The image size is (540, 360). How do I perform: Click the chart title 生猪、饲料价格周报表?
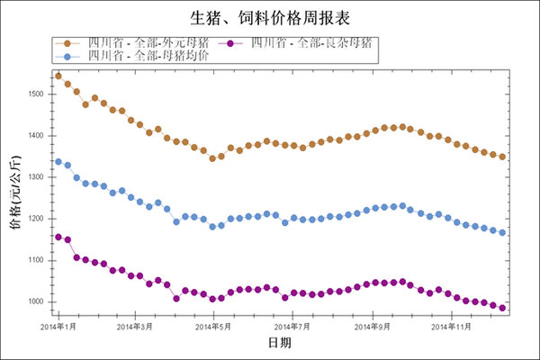pyautogui.click(x=269, y=18)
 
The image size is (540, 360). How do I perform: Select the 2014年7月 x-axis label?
pyautogui.click(x=292, y=326)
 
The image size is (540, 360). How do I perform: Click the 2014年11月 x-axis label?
pyautogui.click(x=450, y=326)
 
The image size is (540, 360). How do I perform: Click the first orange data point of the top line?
pyautogui.click(x=58, y=76)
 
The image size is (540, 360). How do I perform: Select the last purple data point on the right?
pyautogui.click(x=502, y=308)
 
